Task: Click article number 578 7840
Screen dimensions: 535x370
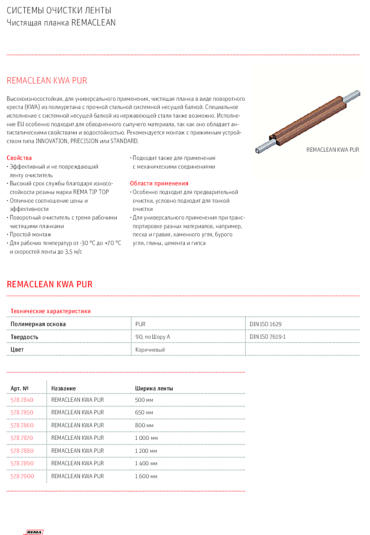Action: (x=22, y=400)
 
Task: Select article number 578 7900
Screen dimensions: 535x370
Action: (x=22, y=476)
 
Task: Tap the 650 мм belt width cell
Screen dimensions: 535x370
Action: (x=144, y=413)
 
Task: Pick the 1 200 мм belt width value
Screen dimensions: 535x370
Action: (x=146, y=451)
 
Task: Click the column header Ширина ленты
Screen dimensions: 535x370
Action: (x=154, y=388)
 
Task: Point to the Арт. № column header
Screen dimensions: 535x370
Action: (x=20, y=388)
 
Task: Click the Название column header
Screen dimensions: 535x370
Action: (x=63, y=388)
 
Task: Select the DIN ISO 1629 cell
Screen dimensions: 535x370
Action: (x=265, y=324)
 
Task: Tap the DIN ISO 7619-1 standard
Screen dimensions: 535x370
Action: (x=268, y=337)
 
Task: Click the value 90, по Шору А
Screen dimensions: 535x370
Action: (x=153, y=337)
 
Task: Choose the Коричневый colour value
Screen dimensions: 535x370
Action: (x=150, y=350)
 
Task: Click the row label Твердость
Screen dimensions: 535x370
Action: (x=24, y=337)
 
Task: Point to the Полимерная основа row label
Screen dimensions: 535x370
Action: (x=38, y=324)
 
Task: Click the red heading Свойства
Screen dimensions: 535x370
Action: (x=19, y=158)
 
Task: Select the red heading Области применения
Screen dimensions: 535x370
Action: (x=159, y=183)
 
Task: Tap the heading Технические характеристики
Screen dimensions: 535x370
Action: (x=51, y=311)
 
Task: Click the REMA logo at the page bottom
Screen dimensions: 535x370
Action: (x=34, y=532)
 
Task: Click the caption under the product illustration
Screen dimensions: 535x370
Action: (x=332, y=150)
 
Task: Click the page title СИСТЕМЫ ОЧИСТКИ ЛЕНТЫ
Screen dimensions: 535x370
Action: (x=59, y=11)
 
